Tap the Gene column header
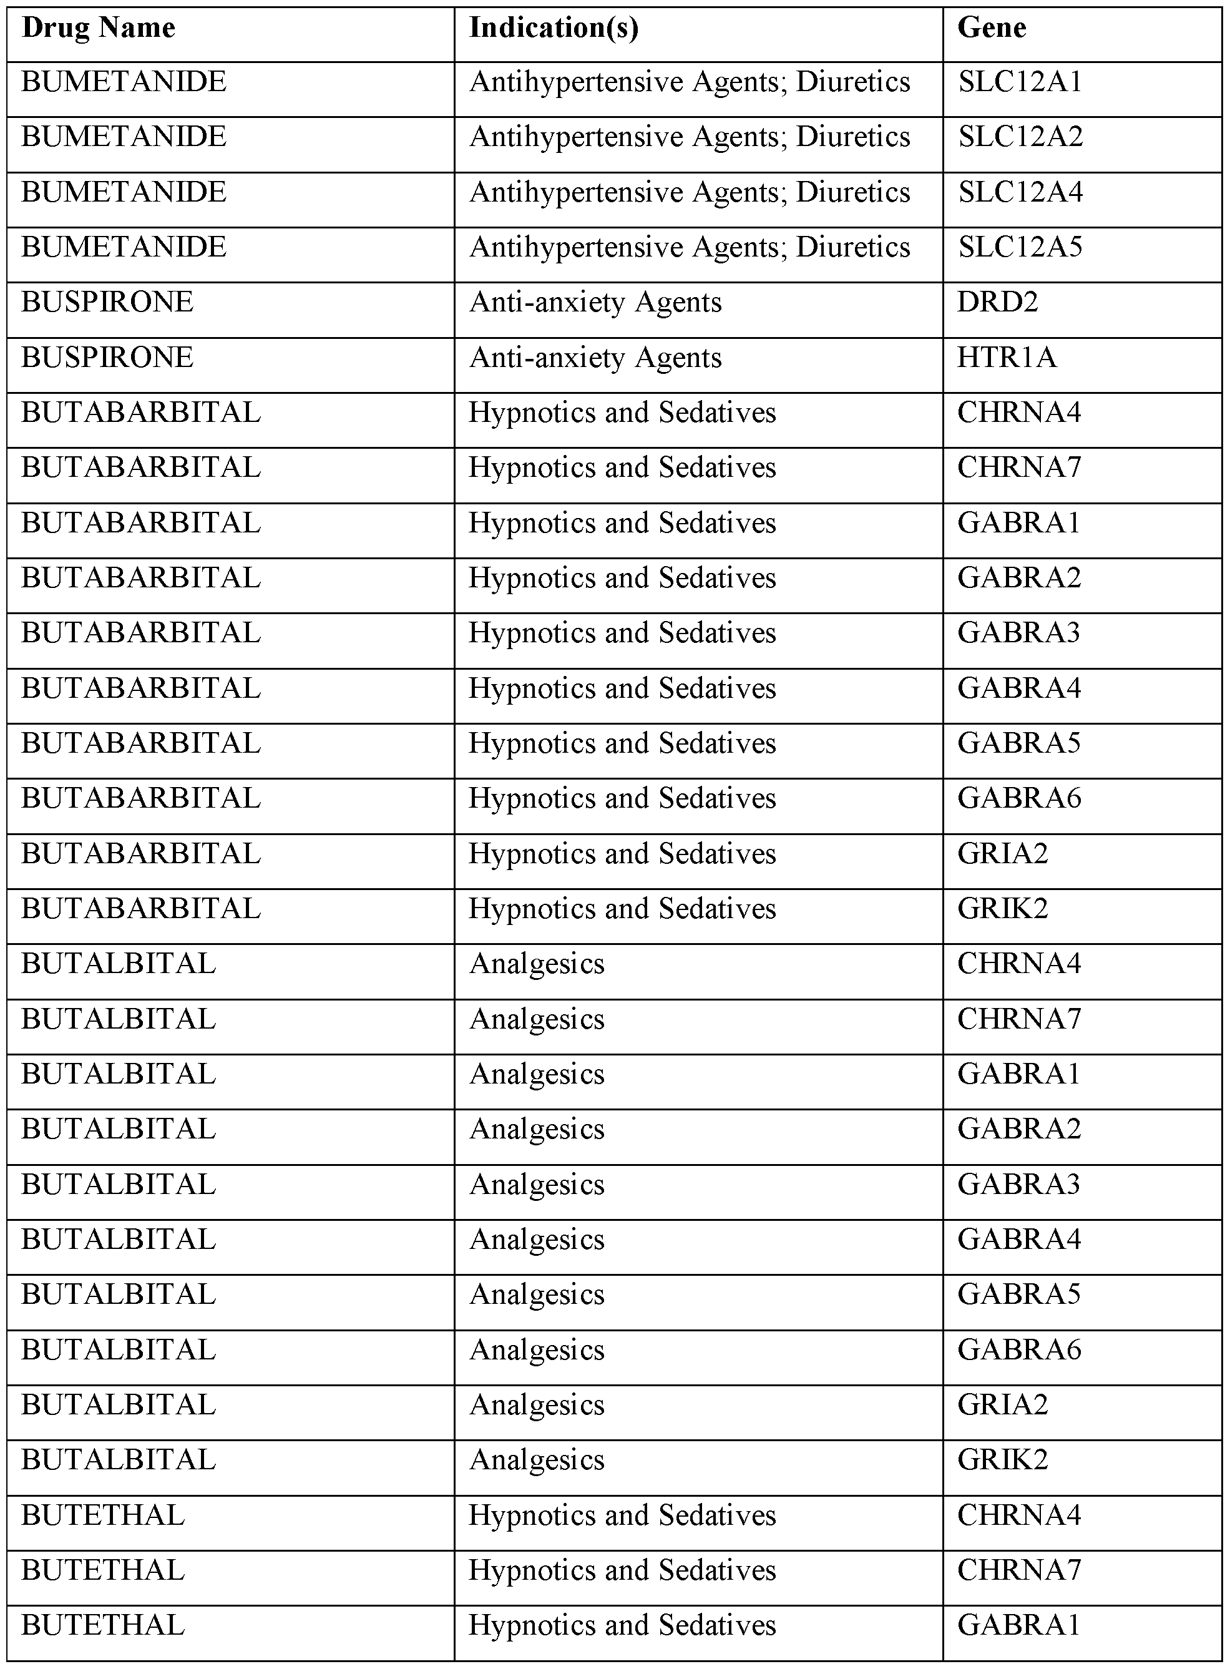point(991,28)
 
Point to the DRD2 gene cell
point(997,302)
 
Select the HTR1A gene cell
point(1007,358)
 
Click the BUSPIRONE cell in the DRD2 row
point(107,302)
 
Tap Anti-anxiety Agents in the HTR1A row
point(595,358)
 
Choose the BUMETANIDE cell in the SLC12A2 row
point(124,137)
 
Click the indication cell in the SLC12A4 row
point(690,192)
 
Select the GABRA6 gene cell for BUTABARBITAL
point(1018,798)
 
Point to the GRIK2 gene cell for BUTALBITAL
point(1002,1460)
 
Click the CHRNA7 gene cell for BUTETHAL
point(1018,1570)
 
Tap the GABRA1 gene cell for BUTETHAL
point(1018,1625)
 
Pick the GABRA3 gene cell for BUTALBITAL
point(1018,1184)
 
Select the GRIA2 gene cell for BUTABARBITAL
point(1002,853)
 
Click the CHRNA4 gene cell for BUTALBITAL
point(1018,964)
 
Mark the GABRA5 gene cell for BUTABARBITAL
point(1018,743)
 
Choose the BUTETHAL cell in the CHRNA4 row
point(103,1515)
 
